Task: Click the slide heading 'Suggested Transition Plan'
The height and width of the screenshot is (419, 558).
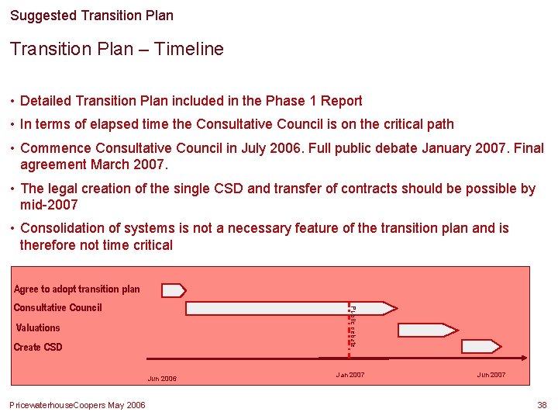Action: [91, 16]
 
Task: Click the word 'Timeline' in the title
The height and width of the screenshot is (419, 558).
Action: [188, 50]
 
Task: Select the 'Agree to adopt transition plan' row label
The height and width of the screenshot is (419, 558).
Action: [77, 289]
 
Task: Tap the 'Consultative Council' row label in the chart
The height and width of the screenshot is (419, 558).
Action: [57, 308]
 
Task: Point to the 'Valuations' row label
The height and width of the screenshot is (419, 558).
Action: [38, 328]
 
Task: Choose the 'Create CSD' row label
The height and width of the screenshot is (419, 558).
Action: [38, 348]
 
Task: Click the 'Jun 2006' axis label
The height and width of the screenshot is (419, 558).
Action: [162, 379]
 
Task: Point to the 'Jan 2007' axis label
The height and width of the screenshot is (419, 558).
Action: [350, 375]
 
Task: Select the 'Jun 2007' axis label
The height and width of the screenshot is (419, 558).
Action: [491, 375]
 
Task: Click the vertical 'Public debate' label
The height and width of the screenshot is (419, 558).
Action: [353, 326]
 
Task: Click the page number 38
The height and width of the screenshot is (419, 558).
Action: [542, 405]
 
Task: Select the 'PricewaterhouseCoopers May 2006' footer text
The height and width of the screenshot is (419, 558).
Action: [77, 405]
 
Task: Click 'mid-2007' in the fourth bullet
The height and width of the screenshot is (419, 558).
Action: [49, 205]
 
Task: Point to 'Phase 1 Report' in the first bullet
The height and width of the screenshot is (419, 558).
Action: [314, 101]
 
